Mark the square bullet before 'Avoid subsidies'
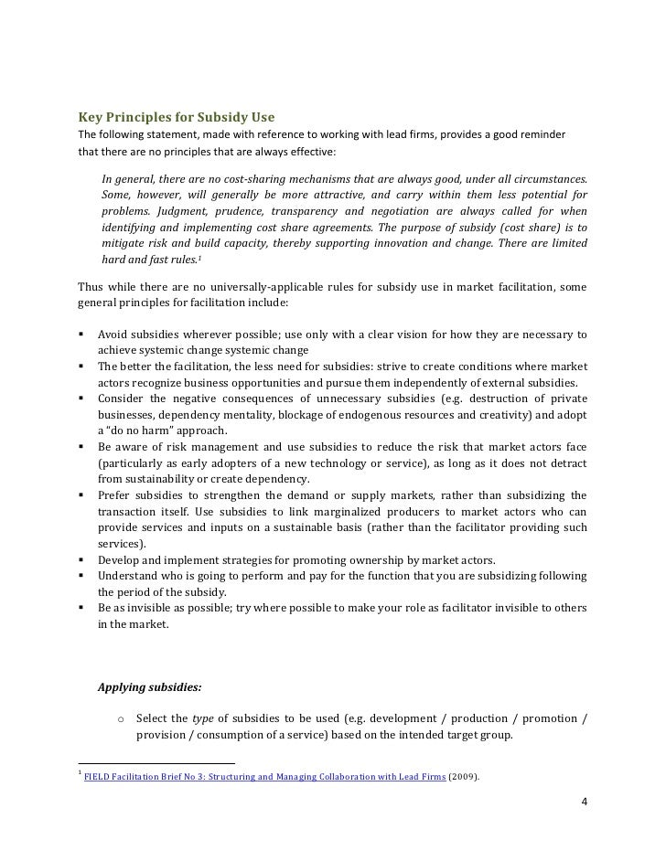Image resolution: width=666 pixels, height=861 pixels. click(82, 334)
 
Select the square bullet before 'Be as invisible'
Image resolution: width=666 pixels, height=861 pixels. click(82, 608)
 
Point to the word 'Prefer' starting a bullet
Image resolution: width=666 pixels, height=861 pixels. click(115, 495)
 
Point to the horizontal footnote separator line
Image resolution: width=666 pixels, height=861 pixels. click(156, 763)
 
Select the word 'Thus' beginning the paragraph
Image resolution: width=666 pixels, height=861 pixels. click(93, 288)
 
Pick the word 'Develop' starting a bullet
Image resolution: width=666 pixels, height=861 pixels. click(120, 559)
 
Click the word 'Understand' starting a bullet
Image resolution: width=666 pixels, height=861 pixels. click(129, 576)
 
